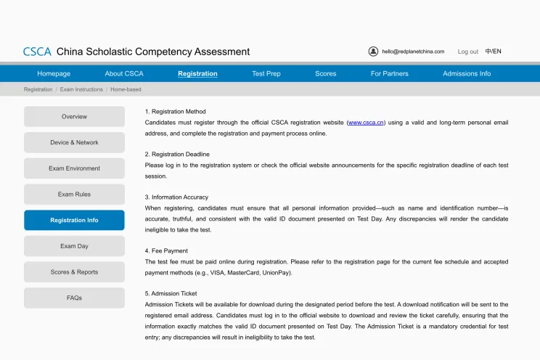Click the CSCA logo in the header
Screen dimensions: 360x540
coord(37,52)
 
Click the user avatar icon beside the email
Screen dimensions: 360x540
coord(373,52)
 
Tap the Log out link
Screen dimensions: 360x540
coord(467,52)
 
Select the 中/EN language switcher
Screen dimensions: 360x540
coord(494,52)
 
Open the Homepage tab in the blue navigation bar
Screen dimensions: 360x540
coord(54,73)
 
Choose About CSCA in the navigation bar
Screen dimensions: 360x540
coord(124,73)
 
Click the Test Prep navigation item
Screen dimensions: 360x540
coord(266,73)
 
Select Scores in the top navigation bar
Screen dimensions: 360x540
coord(326,73)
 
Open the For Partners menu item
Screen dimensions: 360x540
coord(390,73)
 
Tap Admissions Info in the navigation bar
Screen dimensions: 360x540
coord(467,73)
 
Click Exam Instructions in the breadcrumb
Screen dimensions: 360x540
coord(81,89)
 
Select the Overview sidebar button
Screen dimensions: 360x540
coord(74,117)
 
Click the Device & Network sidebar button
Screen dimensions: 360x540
coord(74,142)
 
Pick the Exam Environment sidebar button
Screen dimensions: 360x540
coord(74,168)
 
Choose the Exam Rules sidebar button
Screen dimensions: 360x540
coord(74,195)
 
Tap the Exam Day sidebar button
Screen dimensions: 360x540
coord(74,246)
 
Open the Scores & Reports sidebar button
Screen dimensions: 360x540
coord(74,272)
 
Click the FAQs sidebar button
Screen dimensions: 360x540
coord(74,298)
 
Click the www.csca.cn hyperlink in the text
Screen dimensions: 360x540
coord(366,123)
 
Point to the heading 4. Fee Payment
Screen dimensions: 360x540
coord(166,250)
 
